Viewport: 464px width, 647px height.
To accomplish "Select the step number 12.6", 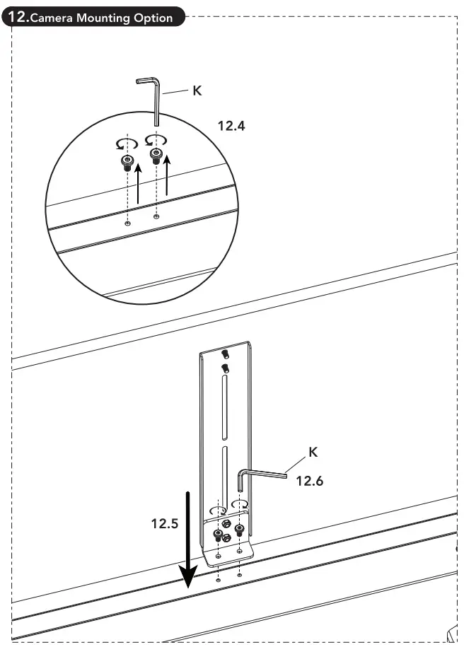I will coord(309,481).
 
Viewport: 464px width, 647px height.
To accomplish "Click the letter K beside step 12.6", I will coord(313,451).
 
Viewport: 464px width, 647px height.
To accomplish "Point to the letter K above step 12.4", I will coord(197,91).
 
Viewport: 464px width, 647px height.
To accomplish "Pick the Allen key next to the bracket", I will coord(262,477).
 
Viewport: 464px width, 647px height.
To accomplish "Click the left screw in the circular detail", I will coord(127,163).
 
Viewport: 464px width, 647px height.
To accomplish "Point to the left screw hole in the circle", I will coord(127,223).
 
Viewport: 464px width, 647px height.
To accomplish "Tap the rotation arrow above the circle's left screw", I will coord(125,144).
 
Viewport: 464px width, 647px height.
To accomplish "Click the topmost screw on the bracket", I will coord(225,354).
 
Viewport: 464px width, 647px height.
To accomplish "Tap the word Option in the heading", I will coord(153,18).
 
